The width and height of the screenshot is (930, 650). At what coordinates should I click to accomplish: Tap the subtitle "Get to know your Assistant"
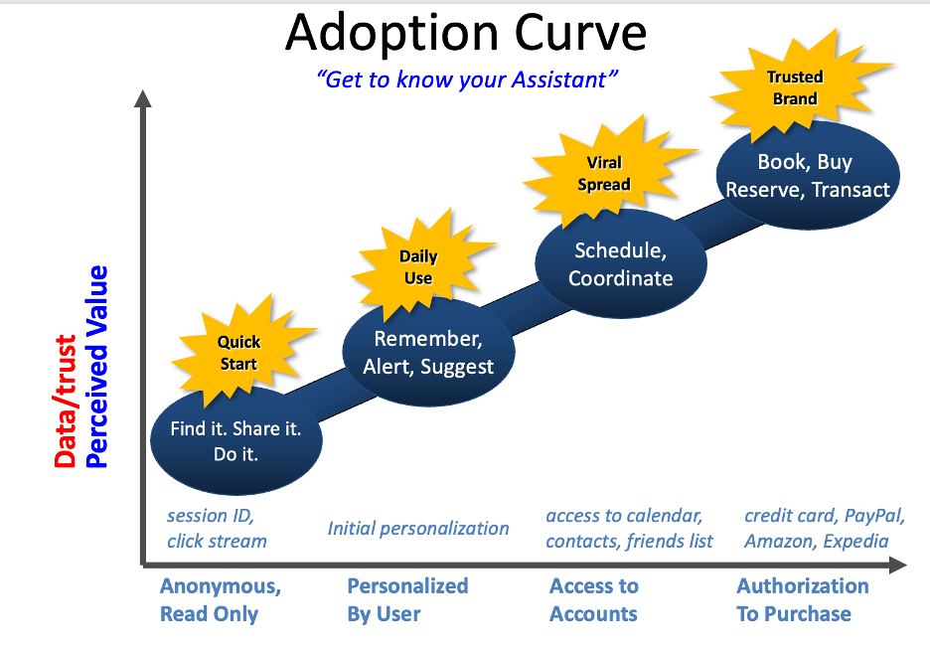pyautogui.click(x=466, y=80)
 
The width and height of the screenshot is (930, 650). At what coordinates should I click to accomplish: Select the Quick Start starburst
pyautogui.click(x=238, y=353)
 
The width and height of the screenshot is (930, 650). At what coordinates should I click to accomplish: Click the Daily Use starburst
pyautogui.click(x=418, y=267)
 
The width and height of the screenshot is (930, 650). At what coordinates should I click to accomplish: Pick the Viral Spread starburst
pyautogui.click(x=604, y=173)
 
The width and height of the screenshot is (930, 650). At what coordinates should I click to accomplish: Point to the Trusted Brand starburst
pyautogui.click(x=795, y=87)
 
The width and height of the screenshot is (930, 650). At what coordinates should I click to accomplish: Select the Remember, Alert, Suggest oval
pyautogui.click(x=428, y=354)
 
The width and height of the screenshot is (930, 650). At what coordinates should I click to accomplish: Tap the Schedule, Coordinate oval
pyautogui.click(x=620, y=264)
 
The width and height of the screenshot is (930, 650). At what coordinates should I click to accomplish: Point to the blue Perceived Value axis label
pyautogui.click(x=96, y=366)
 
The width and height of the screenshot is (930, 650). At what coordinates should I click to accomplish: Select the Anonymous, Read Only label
pyautogui.click(x=221, y=600)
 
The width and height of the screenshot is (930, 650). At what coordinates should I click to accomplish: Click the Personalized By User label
pyautogui.click(x=407, y=600)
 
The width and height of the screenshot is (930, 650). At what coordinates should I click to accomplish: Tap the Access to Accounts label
pyautogui.click(x=594, y=600)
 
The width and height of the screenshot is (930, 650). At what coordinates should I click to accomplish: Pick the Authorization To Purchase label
pyautogui.click(x=803, y=600)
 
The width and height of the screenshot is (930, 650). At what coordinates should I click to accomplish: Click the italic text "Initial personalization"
pyautogui.click(x=418, y=529)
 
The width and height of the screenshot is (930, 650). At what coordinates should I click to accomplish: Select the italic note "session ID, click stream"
pyautogui.click(x=217, y=529)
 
